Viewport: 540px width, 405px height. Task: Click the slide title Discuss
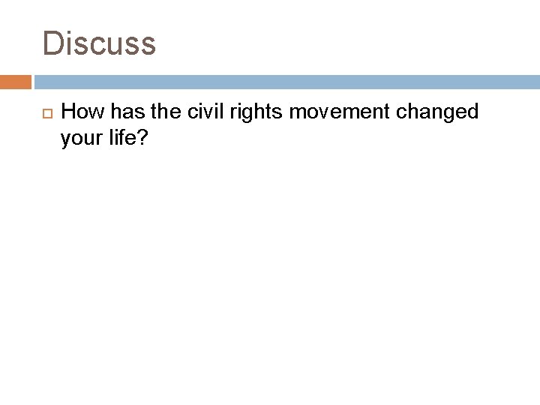[99, 43]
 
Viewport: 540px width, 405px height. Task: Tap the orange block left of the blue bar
[16, 82]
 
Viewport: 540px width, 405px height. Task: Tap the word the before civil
[155, 112]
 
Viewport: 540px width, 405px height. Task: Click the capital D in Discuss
[53, 43]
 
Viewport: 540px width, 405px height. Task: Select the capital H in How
[67, 112]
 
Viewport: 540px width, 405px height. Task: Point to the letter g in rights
[230, 115]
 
